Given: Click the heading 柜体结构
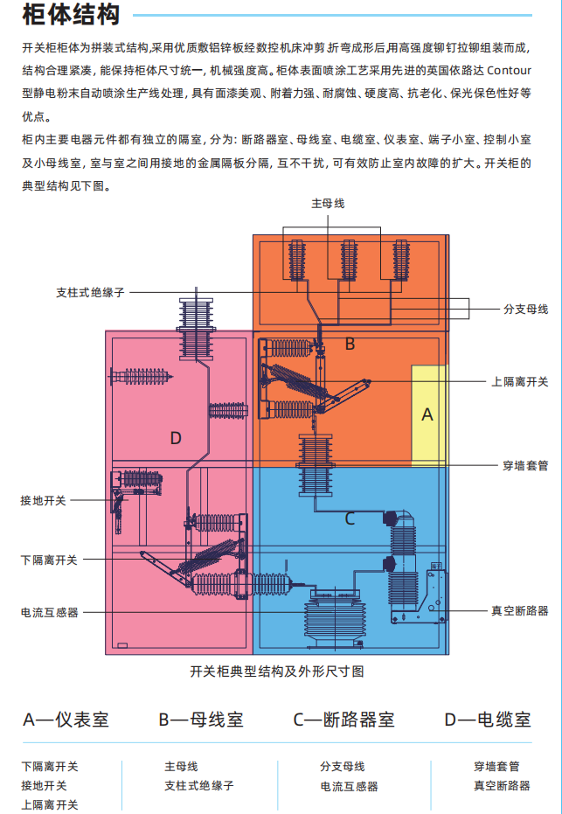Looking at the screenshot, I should pyautogui.click(x=72, y=15).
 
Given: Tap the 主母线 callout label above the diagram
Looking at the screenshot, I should pyautogui.click(x=328, y=203).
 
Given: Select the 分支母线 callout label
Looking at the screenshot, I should pyautogui.click(x=525, y=309).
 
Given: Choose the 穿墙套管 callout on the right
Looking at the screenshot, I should pyautogui.click(x=525, y=465).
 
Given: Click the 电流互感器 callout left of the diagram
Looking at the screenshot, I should pyautogui.click(x=49, y=612).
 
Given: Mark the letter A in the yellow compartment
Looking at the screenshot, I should pyautogui.click(x=427, y=415).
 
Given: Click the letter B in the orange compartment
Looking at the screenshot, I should pyautogui.click(x=350, y=344).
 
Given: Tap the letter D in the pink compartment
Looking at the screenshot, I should pyautogui.click(x=176, y=437).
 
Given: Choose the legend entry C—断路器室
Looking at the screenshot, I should pyautogui.click(x=343, y=720).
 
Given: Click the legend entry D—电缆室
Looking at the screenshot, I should pyautogui.click(x=488, y=720).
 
